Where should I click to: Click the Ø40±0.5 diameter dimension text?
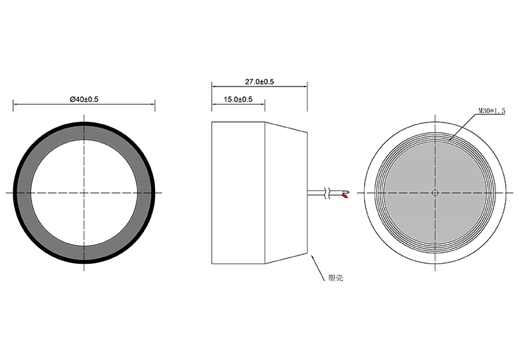84,100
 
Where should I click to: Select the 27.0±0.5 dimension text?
259,82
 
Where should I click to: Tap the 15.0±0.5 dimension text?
238,100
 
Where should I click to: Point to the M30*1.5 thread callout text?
492,111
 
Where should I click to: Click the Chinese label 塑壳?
336,278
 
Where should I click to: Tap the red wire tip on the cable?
345,196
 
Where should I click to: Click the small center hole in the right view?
435,192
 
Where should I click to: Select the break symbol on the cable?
327,193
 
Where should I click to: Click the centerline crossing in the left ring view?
84,192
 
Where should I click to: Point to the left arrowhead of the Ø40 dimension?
15,104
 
